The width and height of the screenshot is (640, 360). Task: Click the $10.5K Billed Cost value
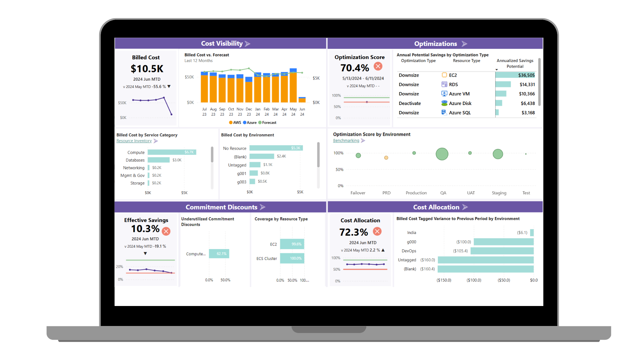[147, 69]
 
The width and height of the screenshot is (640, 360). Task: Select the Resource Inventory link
[134, 141]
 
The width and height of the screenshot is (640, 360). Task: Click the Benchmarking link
[346, 141]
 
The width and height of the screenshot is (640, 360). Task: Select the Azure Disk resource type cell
[460, 103]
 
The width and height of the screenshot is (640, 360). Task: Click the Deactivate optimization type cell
[410, 103]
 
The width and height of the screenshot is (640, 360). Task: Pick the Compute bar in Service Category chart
[172, 152]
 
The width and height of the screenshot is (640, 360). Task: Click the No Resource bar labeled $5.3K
[276, 148]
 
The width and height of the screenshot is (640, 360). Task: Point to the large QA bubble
[442, 154]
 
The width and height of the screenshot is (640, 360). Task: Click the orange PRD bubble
[386, 158]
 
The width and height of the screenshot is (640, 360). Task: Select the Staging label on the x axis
[499, 193]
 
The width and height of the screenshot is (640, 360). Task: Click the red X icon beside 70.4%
[378, 66]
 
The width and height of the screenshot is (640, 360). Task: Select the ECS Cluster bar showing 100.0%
[292, 258]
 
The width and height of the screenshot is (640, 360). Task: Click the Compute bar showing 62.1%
[219, 254]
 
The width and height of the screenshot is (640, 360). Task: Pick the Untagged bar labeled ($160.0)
[485, 260]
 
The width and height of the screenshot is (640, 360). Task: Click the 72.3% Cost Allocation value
[353, 232]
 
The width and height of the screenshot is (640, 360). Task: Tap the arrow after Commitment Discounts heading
[263, 207]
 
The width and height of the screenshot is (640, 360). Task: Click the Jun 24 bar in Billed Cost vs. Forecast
[302, 100]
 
